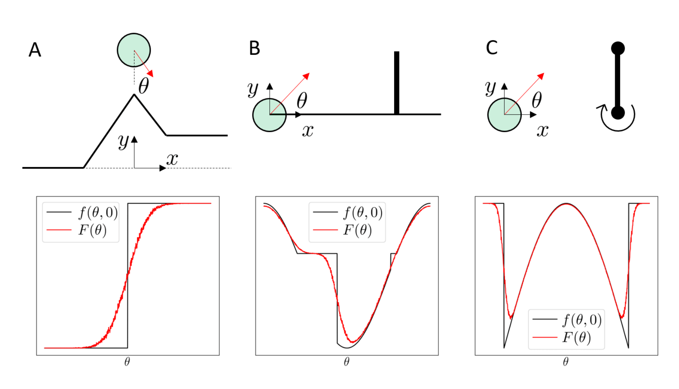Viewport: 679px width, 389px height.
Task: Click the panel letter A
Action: coord(35,50)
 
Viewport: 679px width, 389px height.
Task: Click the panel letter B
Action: coord(254,48)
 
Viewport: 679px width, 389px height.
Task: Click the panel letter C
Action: coord(492,48)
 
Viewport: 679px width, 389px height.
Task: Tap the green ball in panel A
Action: coord(134,50)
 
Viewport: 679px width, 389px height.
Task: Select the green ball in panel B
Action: coord(269,115)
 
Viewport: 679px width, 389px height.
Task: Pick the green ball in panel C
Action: coord(504,115)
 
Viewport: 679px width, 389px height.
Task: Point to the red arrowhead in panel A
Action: coord(150,73)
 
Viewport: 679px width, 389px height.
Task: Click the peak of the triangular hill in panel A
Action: coord(134,95)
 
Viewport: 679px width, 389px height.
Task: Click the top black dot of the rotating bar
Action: coord(618,48)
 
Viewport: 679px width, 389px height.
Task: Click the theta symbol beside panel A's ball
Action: coord(144,86)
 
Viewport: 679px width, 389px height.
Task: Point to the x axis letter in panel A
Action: coord(172,159)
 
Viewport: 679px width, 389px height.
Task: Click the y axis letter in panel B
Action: coord(252,89)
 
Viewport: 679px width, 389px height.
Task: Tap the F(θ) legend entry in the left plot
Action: coord(92,230)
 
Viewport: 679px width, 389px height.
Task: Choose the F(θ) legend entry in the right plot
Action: coord(576,337)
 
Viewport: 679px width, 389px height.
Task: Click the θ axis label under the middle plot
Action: coord(346,362)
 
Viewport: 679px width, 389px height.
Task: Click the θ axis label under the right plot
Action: coord(566,362)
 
